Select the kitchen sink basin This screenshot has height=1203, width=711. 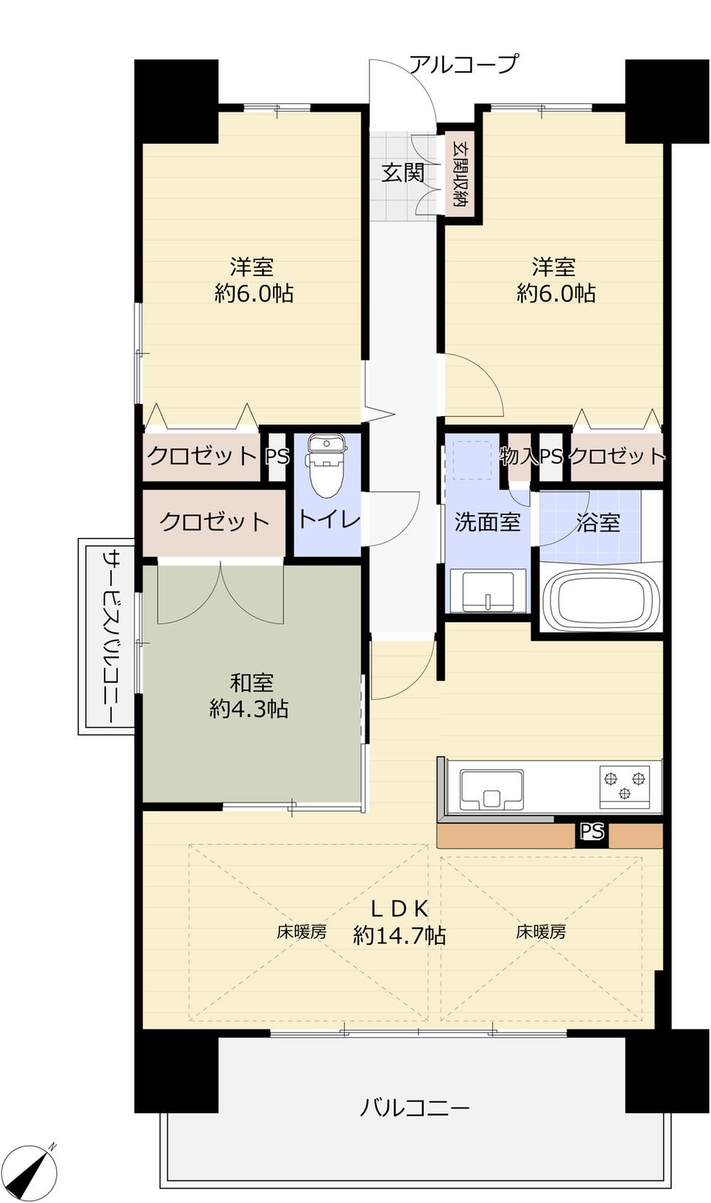tap(491, 790)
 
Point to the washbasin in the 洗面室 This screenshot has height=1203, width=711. tap(488, 590)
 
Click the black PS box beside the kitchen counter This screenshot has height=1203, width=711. tap(592, 832)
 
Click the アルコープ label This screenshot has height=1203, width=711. tap(465, 64)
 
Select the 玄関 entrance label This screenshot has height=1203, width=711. tap(403, 173)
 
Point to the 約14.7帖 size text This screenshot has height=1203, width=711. tap(400, 936)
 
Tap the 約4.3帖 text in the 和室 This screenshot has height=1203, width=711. tap(250, 709)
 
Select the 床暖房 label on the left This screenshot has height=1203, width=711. tap(301, 932)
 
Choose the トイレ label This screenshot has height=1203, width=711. tap(328, 519)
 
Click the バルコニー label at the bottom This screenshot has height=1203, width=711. tap(415, 1108)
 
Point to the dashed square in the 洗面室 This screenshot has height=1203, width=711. tap(472, 460)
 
